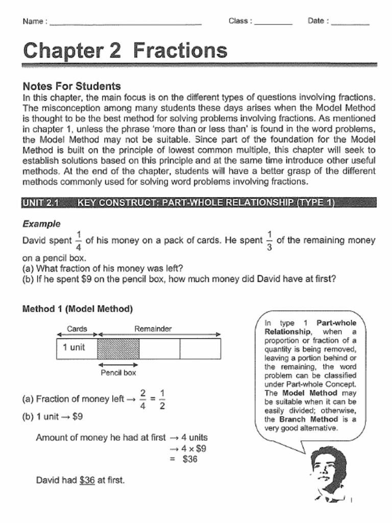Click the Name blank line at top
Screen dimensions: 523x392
(125, 23)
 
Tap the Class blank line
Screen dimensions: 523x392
(273, 23)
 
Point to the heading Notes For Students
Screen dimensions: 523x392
(71, 86)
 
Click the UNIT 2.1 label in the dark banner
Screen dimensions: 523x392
(40, 203)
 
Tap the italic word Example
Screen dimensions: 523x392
(41, 224)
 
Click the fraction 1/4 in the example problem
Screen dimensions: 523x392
(78, 240)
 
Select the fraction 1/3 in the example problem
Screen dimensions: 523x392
(269, 240)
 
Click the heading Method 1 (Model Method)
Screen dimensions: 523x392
(78, 309)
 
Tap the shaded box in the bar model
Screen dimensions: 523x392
(118, 349)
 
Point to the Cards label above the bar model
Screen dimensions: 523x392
(77, 329)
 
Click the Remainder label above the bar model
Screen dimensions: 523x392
(153, 329)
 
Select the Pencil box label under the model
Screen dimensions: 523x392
(118, 373)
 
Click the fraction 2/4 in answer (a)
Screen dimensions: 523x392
(143, 398)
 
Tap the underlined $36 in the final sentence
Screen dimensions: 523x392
(87, 481)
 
